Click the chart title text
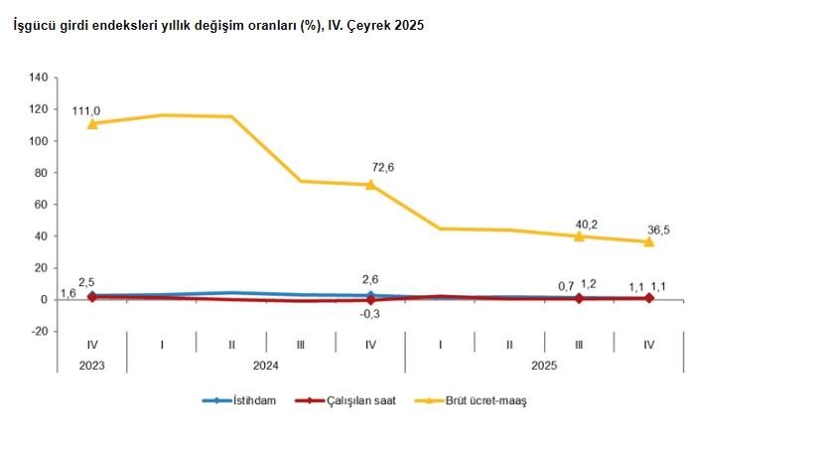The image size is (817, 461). [218, 26]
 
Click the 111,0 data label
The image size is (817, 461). [86, 110]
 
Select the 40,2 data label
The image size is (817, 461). [585, 223]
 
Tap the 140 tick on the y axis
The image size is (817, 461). [39, 77]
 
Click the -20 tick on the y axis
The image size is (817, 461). [39, 331]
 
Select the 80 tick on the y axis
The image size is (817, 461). [41, 172]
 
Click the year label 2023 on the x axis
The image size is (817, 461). [91, 365]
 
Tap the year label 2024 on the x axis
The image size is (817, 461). [265, 365]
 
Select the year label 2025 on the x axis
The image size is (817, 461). [544, 365]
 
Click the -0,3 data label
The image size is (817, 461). [370, 314]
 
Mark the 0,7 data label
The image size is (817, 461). [567, 286]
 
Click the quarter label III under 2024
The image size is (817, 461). [301, 345]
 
